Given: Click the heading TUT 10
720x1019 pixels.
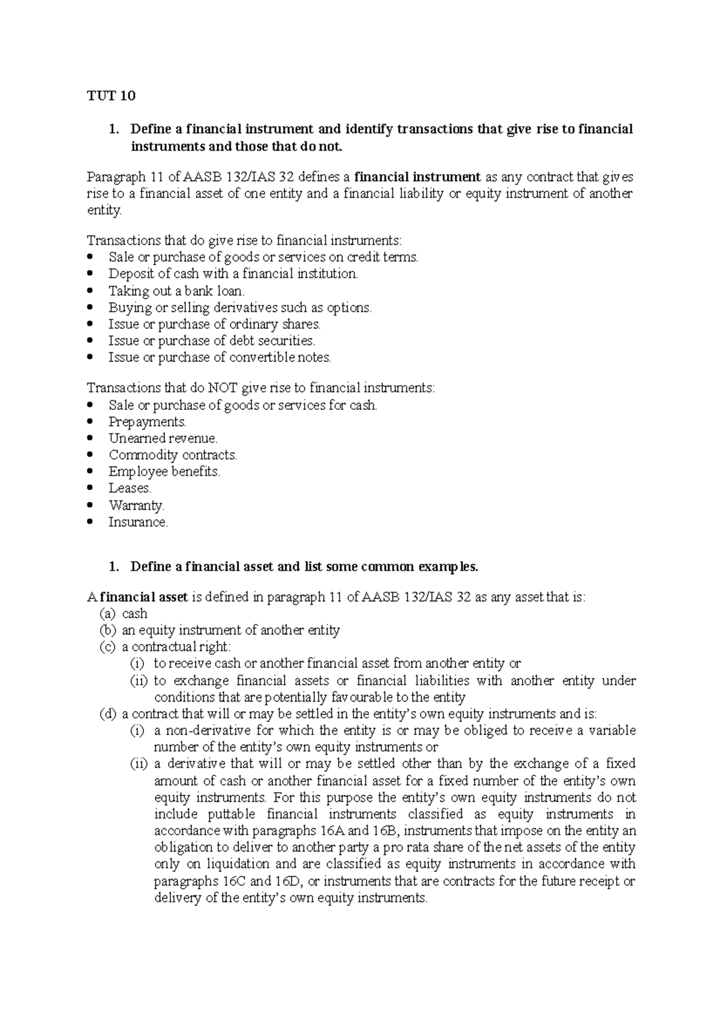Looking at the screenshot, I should (112, 96).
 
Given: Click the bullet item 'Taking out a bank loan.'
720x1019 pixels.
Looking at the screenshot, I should (176, 291).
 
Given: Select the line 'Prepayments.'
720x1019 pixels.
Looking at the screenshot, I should (148, 422).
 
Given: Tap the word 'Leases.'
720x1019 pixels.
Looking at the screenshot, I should (130, 488).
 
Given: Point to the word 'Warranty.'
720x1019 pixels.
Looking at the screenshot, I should (136, 505).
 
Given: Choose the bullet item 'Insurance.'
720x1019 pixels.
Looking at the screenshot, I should (138, 522).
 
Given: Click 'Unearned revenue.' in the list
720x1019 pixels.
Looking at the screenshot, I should (163, 439).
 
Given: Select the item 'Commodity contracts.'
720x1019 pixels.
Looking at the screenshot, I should (173, 455).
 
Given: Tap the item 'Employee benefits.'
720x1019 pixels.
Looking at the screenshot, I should (164, 472).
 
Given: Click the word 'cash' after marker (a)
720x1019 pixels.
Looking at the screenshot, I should (134, 614).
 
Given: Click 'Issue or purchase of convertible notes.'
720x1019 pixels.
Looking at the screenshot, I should (220, 358).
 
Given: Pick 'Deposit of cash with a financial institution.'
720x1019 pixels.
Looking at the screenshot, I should (233, 274).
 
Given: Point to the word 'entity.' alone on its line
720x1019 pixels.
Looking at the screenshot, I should (104, 211).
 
